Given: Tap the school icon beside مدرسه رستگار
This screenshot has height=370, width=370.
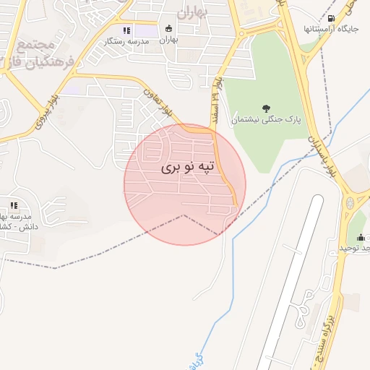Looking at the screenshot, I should click(127, 31).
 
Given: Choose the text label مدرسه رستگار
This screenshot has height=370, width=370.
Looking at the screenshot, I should click(126, 41).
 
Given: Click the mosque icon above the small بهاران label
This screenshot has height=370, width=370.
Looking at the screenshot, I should click(169, 30).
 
